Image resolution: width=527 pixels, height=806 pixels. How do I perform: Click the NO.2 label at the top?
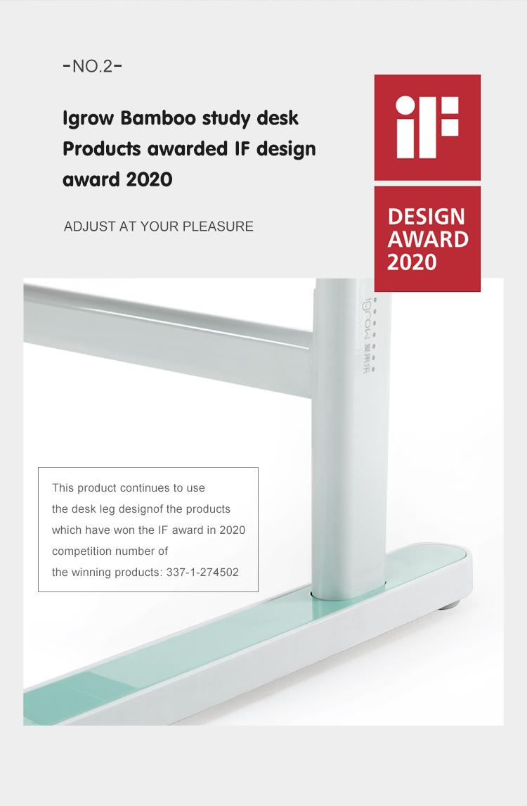[x=93, y=66]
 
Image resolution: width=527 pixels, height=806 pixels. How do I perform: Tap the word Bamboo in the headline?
[x=159, y=118]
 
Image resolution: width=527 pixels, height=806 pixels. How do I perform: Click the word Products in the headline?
[x=102, y=149]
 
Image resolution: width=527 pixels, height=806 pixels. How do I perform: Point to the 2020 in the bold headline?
[x=149, y=179]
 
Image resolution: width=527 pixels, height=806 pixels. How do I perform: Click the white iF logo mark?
[x=427, y=127]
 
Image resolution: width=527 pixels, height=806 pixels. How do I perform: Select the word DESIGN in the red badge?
[x=427, y=217]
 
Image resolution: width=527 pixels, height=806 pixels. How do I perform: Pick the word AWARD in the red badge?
[x=428, y=240]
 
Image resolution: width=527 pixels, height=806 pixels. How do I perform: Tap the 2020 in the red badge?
[x=412, y=262]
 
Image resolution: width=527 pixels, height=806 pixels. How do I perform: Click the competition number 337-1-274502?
[x=202, y=572]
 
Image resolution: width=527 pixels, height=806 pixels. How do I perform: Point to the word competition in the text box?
[x=81, y=551]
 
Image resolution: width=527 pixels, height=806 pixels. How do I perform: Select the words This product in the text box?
[x=84, y=488]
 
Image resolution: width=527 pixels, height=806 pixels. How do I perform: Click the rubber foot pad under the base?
[x=450, y=605]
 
